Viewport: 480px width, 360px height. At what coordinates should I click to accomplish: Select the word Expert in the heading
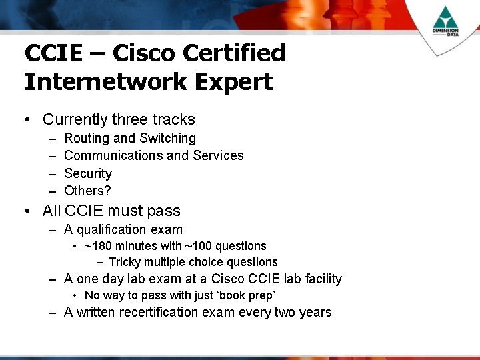click(235, 82)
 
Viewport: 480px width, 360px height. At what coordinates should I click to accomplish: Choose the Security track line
click(88, 173)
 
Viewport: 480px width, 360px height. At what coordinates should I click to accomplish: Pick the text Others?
click(87, 191)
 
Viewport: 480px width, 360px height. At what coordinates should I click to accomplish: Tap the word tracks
click(173, 119)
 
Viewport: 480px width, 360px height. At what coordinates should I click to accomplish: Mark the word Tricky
click(124, 262)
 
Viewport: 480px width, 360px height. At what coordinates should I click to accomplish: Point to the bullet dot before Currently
click(27, 120)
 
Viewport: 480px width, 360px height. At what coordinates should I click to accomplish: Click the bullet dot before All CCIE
click(27, 211)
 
